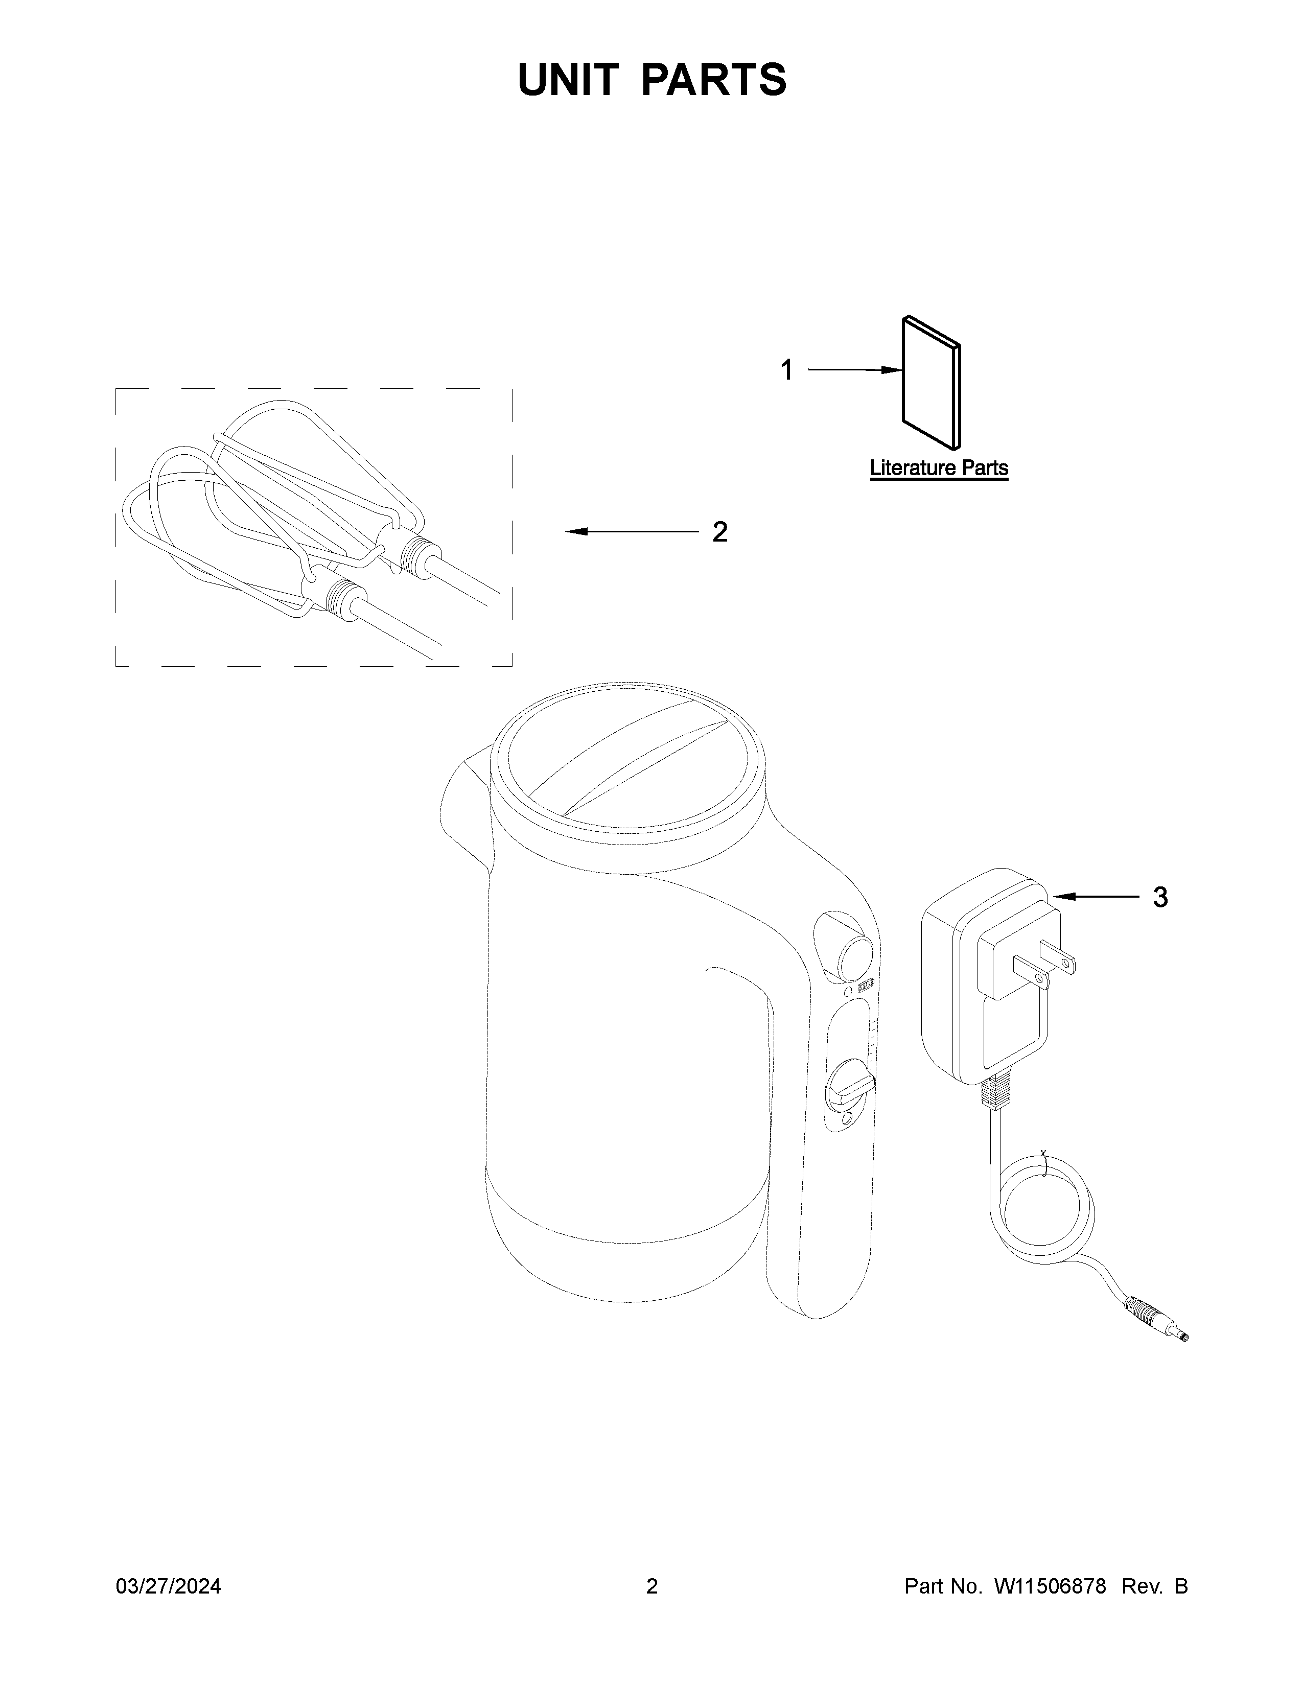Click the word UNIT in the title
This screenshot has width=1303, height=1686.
pyautogui.click(x=568, y=80)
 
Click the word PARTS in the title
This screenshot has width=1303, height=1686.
pyautogui.click(x=714, y=80)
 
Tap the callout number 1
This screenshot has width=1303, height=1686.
pyautogui.click(x=786, y=370)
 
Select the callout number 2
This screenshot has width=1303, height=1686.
pyautogui.click(x=719, y=532)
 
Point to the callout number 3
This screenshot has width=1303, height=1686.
pyautogui.click(x=1160, y=897)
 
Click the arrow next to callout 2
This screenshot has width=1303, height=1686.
pyautogui.click(x=632, y=532)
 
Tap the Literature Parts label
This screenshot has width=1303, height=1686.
pyautogui.click(x=939, y=468)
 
